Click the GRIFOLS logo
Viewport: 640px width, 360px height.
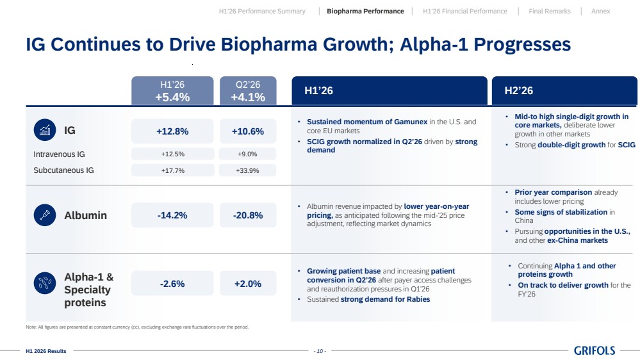click(595, 350)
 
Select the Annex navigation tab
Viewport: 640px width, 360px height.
click(600, 12)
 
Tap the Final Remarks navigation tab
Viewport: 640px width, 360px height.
click(550, 12)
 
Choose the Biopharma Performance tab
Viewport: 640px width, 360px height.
click(365, 12)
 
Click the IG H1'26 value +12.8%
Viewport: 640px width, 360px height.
click(172, 131)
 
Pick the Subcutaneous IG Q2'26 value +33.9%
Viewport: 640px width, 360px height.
click(247, 170)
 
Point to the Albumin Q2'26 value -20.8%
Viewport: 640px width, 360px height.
click(248, 215)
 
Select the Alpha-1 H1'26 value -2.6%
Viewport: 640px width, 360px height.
click(172, 284)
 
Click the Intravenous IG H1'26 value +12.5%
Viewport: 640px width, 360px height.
click(173, 154)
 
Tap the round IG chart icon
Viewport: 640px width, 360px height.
click(45, 130)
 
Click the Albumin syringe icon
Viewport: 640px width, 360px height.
click(45, 215)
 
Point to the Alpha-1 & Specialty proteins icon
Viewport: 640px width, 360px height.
click(45, 283)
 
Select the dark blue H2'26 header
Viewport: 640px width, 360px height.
click(564, 90)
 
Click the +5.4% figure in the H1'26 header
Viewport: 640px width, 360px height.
click(172, 97)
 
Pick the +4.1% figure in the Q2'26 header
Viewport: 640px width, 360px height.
click(248, 97)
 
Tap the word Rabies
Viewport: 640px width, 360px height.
click(418, 299)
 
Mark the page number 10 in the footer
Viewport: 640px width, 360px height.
click(320, 351)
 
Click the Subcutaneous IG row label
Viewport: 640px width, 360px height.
click(63, 170)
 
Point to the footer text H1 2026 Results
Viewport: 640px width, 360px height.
click(45, 351)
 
